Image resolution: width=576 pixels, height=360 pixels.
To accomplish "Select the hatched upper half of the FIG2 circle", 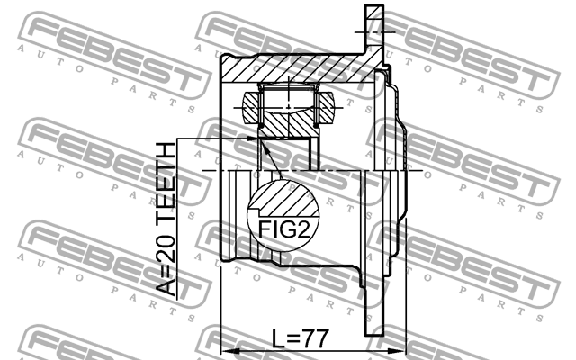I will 279,196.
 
